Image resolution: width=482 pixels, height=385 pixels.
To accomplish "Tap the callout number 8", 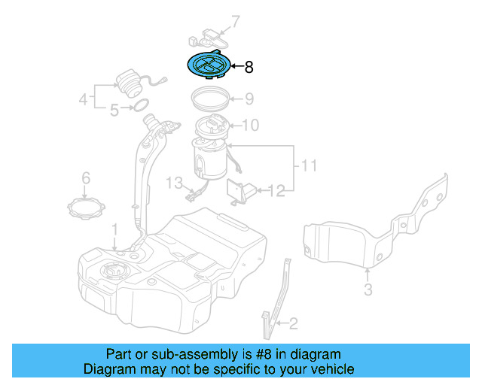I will coord(249,68).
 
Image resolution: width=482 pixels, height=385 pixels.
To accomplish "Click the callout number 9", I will coord(249,99).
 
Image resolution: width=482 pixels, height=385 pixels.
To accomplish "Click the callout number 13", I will coord(175,183).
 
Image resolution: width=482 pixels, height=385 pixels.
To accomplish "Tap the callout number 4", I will coord(84,98).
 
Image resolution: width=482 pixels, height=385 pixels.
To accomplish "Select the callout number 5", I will coord(114,111).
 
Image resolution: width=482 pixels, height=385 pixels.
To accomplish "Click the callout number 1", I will coord(114,228).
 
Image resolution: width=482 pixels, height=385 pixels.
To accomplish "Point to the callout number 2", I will coord(293,324).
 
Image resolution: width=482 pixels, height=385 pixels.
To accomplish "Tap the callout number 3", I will coord(368,289).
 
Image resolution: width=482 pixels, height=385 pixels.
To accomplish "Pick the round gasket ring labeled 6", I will coord(84,206).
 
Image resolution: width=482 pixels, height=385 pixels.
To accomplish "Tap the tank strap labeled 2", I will coord(276,301).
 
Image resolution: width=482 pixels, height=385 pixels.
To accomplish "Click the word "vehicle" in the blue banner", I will coord(331,369).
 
